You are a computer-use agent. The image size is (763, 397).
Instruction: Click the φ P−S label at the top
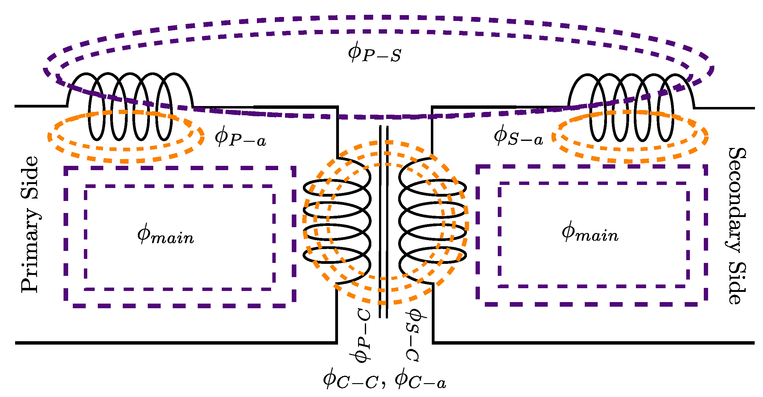374,53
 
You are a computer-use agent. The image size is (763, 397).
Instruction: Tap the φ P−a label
240,138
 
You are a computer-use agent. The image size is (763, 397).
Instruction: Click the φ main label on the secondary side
590,233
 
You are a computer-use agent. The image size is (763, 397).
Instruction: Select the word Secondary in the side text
736,200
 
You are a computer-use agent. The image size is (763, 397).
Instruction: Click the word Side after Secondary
736,284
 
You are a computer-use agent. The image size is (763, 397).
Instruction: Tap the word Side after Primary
30,178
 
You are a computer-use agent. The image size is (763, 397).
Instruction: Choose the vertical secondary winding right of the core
432,220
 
